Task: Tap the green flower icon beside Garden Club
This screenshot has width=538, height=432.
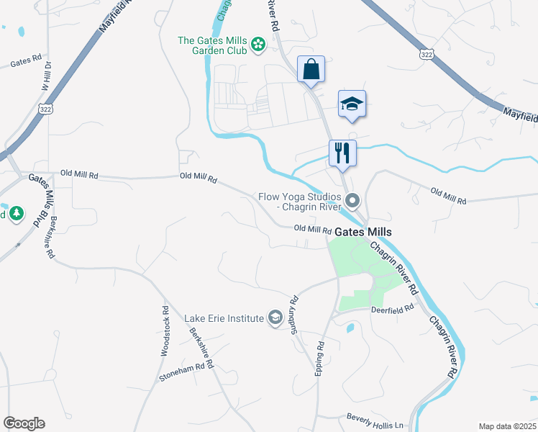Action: [258, 47]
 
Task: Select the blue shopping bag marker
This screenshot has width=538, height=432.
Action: [311, 70]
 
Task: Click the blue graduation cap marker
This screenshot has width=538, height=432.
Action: [352, 104]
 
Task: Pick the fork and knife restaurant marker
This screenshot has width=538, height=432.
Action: [342, 153]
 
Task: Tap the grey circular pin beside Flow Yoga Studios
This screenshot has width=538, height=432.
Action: [352, 200]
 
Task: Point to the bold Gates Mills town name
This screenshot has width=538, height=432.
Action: [363, 232]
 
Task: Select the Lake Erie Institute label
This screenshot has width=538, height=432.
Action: [224, 318]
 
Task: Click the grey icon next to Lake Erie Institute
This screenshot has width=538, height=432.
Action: [274, 318]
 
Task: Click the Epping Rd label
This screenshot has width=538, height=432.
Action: [319, 358]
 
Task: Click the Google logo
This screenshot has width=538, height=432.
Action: [24, 423]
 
